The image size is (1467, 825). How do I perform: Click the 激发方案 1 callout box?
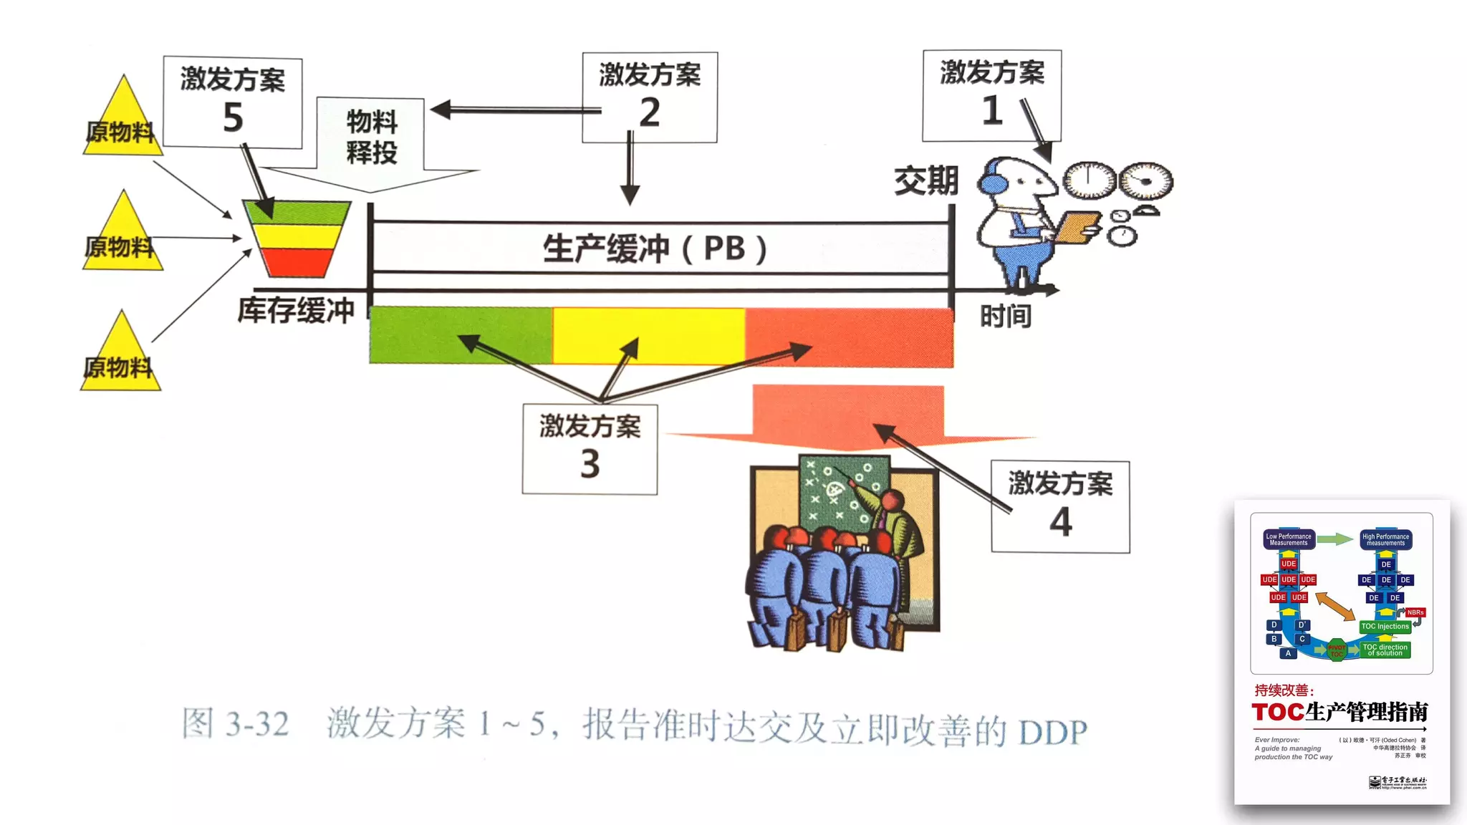pos(991,95)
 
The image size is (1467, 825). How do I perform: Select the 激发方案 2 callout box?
pos(650,97)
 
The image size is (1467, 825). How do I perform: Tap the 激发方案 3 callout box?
pos(590,449)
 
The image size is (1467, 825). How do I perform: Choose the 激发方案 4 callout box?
pos(1060,506)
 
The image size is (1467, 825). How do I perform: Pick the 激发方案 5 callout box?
pos(233,102)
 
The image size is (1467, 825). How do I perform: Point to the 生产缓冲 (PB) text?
pos(655,249)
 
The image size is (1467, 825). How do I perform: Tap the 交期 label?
pos(925,180)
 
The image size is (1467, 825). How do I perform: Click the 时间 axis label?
pos(1005,316)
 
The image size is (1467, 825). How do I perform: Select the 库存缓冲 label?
pos(296,310)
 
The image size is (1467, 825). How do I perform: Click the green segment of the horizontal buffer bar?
pos(460,335)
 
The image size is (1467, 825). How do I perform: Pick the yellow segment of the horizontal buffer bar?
pos(648,335)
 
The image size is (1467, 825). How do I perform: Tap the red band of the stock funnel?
pos(297,262)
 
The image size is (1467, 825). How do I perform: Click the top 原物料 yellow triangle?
pos(122,122)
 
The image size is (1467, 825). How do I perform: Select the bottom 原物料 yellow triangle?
pos(120,358)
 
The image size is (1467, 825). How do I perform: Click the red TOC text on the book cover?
pos(1278,712)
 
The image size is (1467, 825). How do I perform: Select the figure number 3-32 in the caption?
pos(256,724)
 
